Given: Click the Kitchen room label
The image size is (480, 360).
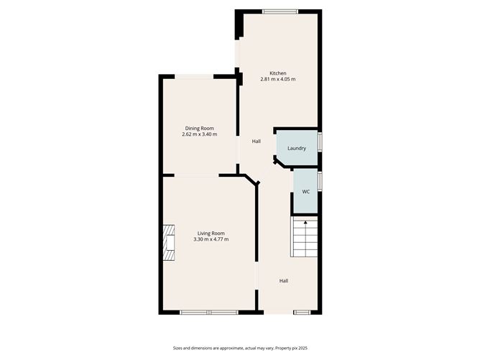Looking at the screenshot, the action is point(278,73).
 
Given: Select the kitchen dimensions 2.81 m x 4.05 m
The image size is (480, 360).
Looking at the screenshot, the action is point(278,79).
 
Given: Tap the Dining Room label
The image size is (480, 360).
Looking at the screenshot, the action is point(200,129).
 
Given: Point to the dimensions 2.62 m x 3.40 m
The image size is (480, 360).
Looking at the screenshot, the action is point(200,134).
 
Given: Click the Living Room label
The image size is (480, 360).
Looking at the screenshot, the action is point(211,234).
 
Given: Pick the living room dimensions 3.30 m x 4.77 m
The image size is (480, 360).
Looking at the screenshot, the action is point(211,239).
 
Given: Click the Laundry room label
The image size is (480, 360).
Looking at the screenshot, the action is point(297,148).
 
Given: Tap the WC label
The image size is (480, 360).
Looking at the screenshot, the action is point(306,192).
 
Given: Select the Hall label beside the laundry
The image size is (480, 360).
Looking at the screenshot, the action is point(257,141).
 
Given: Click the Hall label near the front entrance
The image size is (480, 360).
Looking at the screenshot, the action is point(283,281).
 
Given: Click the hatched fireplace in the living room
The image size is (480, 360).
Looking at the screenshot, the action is point(168,243).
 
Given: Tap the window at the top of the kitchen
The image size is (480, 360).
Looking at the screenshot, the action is point(280,11).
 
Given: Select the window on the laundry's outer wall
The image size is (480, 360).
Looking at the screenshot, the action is point(320,142).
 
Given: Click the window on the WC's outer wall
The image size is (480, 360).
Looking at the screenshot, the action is point(320,181).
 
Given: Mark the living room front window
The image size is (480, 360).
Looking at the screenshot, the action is point(209,313).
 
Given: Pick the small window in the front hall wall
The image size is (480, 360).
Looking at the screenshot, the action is point(302,313).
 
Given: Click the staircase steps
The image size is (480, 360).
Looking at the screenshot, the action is point(304,236).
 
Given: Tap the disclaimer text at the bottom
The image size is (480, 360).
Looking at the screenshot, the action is point(240,348).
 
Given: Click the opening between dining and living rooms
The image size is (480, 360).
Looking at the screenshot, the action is point(197,175).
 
